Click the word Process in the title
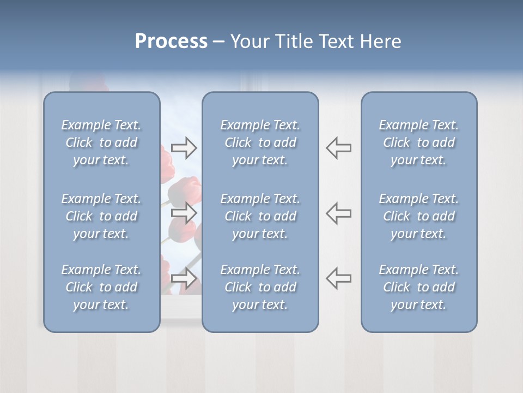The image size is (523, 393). [x=171, y=41]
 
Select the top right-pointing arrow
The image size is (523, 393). [x=184, y=147]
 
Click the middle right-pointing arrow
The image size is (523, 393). [x=184, y=213]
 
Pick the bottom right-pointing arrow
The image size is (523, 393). [x=184, y=278]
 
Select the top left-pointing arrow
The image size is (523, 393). [x=339, y=147]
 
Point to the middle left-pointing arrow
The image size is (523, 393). [x=339, y=213]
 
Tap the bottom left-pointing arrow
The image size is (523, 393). [x=339, y=278]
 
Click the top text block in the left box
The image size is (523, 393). [x=101, y=142]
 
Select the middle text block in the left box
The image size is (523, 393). [x=101, y=216]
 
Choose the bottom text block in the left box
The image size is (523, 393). [x=101, y=287]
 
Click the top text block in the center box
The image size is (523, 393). [x=260, y=142]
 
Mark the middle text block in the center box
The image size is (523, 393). [x=260, y=216]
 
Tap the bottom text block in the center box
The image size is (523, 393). [x=260, y=287]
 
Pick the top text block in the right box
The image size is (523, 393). [x=419, y=142]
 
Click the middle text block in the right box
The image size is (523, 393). [x=419, y=216]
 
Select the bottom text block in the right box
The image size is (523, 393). [x=419, y=287]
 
